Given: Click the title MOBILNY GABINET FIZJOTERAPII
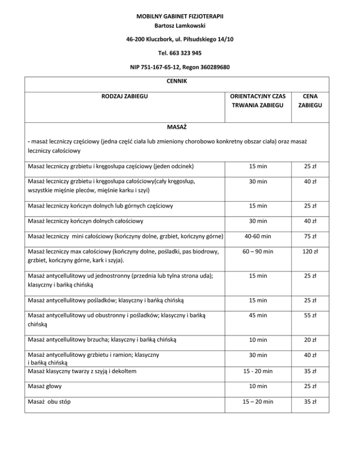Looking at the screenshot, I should (x=180, y=16).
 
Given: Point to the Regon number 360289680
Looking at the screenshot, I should (x=207, y=67).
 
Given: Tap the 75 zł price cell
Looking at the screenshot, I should (x=309, y=236).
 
